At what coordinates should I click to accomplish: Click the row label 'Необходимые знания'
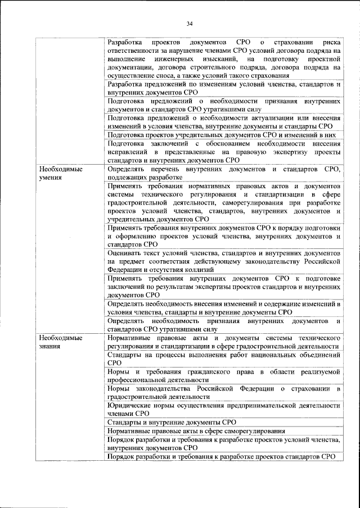57,342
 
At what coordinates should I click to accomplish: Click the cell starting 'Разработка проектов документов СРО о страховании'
223,59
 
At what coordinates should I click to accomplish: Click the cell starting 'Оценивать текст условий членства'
223,261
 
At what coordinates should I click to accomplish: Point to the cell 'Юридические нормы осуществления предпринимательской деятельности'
223,408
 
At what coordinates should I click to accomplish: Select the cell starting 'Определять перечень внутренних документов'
223,173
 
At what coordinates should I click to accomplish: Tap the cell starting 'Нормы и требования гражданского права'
223,376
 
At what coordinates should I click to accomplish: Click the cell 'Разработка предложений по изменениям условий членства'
223,87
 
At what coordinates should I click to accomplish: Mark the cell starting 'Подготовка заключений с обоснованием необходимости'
223,152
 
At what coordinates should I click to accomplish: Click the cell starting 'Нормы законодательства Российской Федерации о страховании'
223,392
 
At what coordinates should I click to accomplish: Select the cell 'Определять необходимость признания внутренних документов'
223,325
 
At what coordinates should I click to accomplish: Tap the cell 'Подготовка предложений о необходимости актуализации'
223,122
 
